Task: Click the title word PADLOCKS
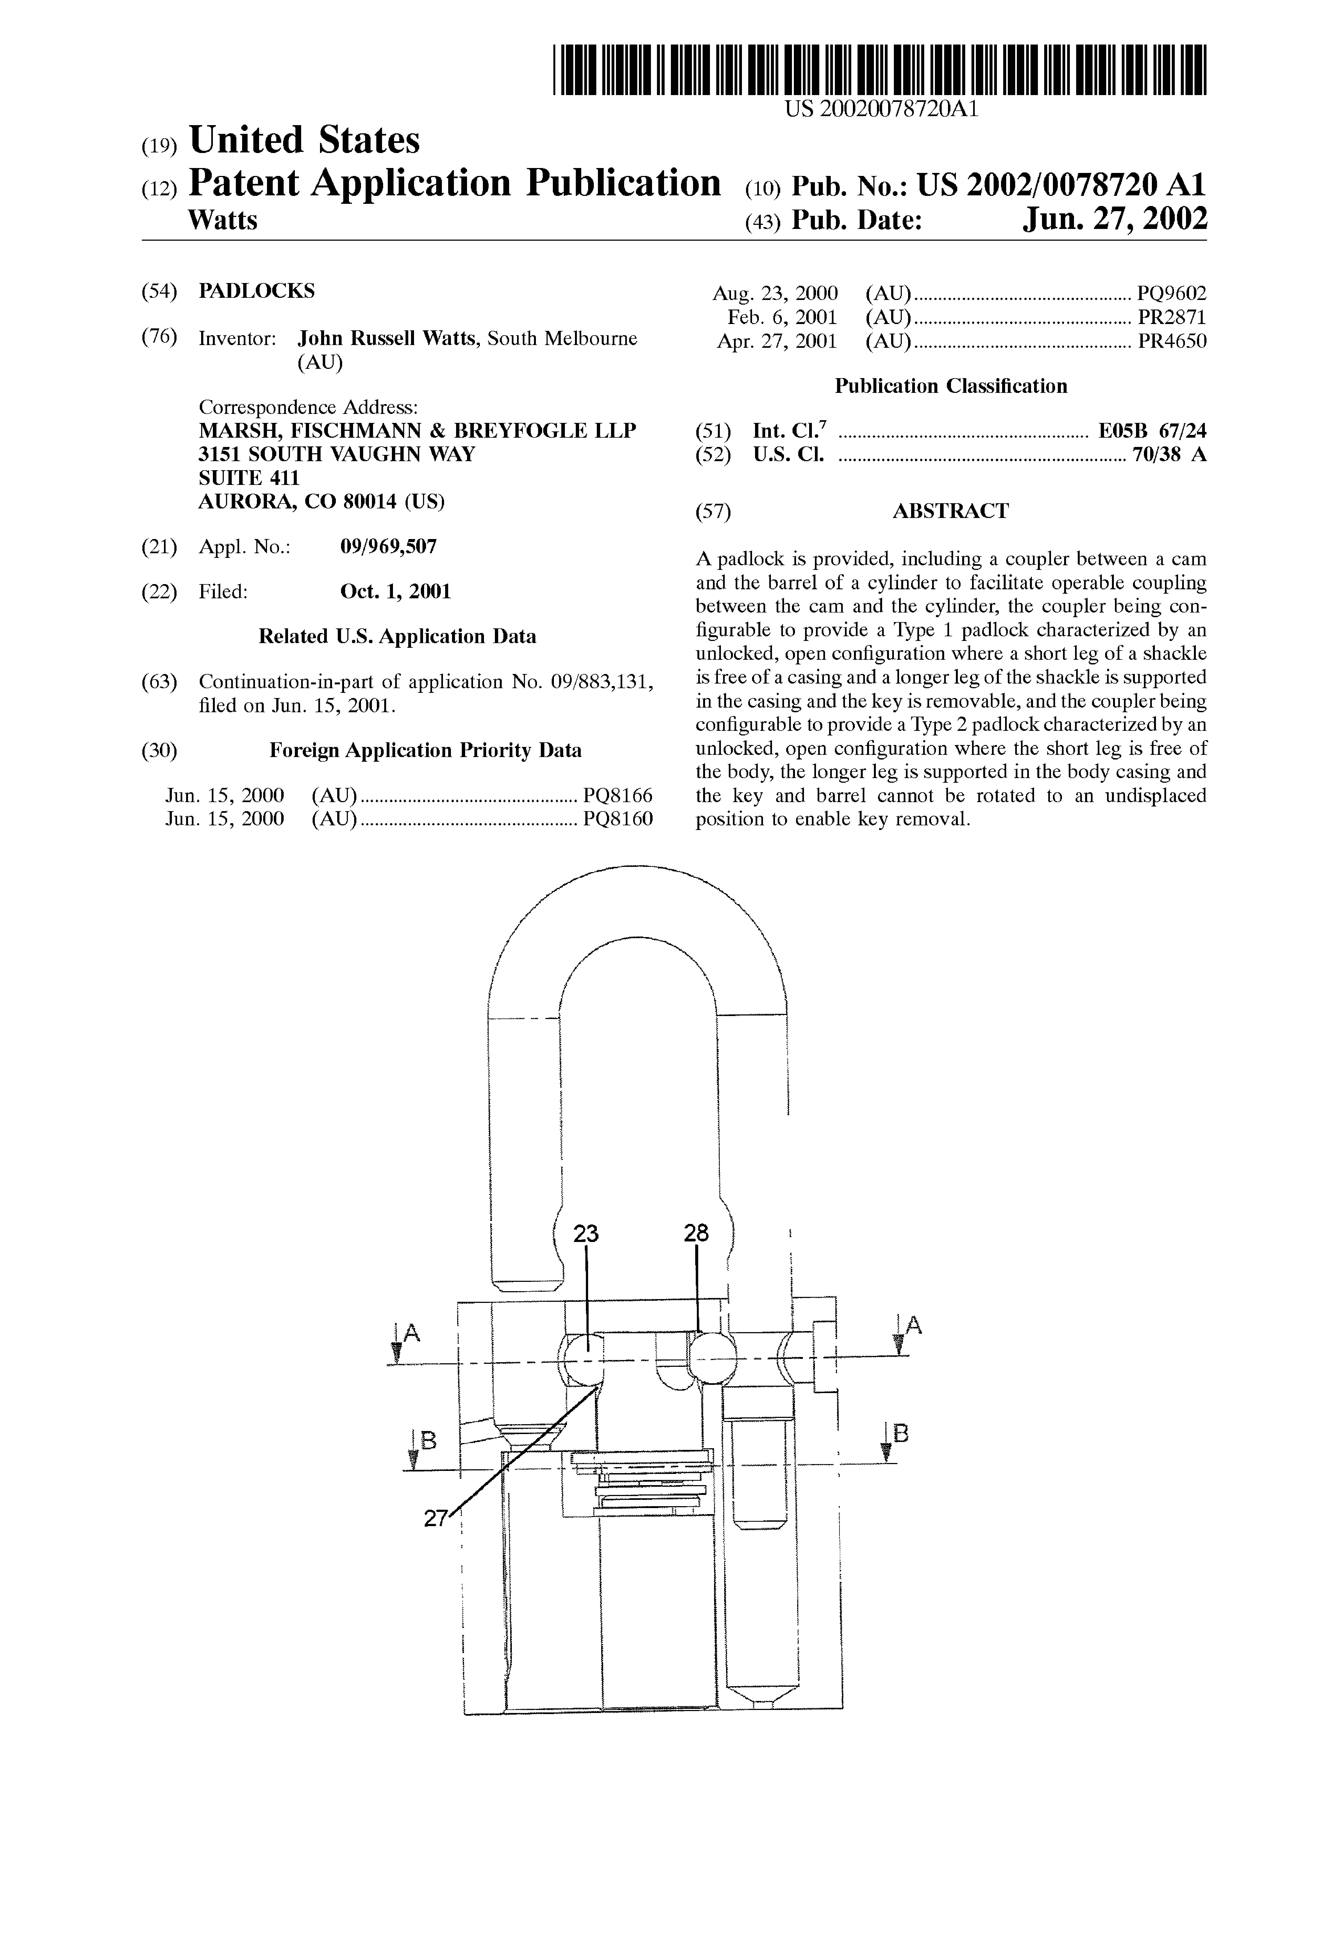256,291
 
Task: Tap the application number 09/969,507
388,547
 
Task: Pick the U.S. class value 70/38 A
1169,455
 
